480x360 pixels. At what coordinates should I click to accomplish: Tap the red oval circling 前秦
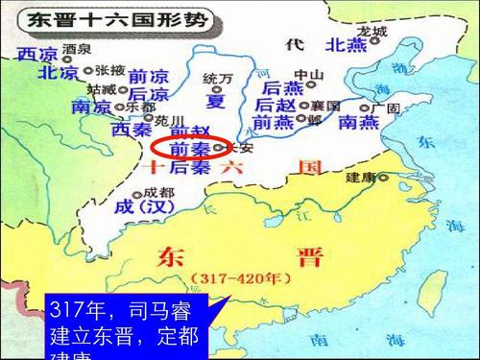[x=186, y=149]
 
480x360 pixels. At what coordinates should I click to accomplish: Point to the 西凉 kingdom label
[x=36, y=55]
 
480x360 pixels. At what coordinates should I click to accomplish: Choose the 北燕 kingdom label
[x=347, y=45]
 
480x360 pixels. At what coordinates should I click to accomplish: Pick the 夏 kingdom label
[x=216, y=100]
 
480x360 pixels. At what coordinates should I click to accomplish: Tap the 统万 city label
[x=219, y=78]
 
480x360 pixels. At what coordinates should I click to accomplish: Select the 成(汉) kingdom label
[x=141, y=206]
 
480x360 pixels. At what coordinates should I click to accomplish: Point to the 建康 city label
[x=361, y=178]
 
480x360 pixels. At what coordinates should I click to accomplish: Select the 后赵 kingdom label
[x=277, y=105]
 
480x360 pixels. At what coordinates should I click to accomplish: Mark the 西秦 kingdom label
[x=132, y=129]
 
